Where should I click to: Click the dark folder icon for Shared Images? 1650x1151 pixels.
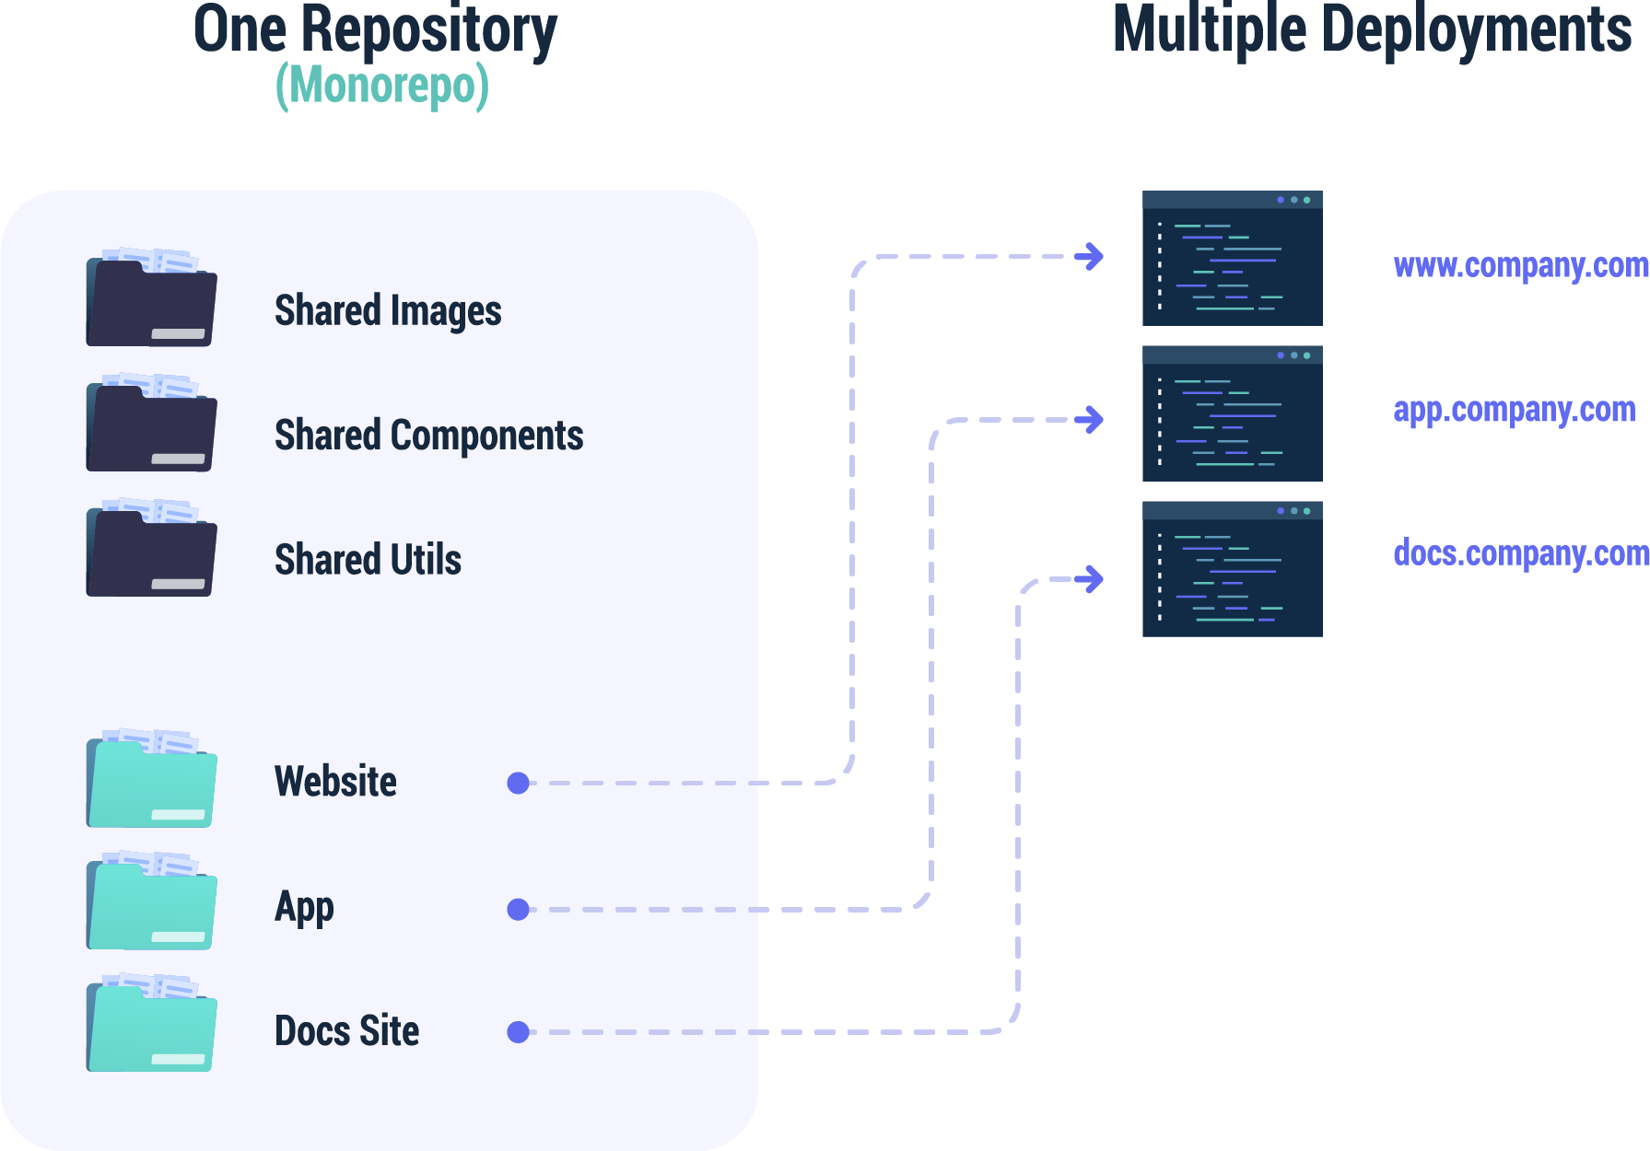tap(151, 299)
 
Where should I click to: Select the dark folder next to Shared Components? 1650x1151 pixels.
tap(151, 424)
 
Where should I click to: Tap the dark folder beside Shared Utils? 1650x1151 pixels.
tap(151, 550)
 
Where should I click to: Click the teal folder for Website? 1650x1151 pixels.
tap(151, 781)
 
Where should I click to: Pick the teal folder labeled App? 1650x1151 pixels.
tap(151, 903)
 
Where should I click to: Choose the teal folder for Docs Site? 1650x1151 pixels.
tap(151, 1025)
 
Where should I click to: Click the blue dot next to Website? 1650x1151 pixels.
tap(519, 783)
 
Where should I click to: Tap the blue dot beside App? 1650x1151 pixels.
tap(519, 910)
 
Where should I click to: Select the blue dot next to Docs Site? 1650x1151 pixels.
tap(519, 1032)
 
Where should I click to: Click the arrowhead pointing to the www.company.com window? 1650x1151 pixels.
tap(1092, 256)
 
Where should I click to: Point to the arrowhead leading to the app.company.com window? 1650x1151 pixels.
tap(1092, 419)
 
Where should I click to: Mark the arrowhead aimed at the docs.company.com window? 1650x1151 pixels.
tap(1092, 579)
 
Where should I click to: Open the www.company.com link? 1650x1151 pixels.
tap(1520, 266)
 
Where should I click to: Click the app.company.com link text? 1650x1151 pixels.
tap(1514, 410)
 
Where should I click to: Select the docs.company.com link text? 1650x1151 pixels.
tap(1520, 553)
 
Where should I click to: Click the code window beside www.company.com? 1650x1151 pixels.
tap(1232, 259)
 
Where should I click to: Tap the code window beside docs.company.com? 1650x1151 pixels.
tap(1232, 569)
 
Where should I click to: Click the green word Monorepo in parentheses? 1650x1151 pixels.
tap(382, 87)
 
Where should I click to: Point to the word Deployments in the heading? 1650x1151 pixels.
tap(1477, 29)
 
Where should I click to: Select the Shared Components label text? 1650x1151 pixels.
tap(428, 436)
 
